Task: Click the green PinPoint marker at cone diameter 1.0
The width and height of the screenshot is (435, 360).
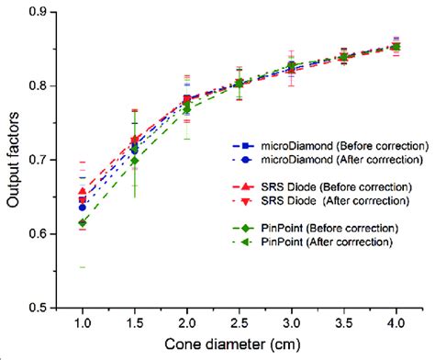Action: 82,223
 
